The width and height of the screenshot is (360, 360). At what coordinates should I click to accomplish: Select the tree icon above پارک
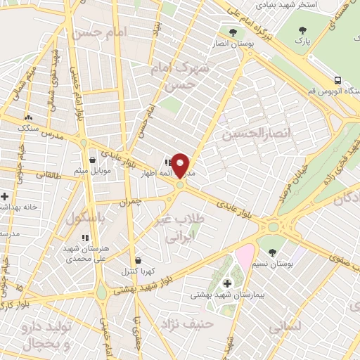tap(302, 30)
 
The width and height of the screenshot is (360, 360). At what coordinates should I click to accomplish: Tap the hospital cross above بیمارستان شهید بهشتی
tap(227, 284)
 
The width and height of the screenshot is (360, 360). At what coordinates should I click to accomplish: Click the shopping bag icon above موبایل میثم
tap(92, 160)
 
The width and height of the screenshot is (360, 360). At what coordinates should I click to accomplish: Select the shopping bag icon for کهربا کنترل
tap(137, 259)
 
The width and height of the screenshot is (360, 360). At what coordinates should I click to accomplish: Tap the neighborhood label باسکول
tap(84, 219)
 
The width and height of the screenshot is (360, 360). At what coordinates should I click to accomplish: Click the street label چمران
tap(131, 200)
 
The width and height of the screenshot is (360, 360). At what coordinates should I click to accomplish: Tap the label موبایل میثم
tap(92, 171)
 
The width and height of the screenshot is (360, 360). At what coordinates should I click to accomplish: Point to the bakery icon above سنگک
tap(29, 118)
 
